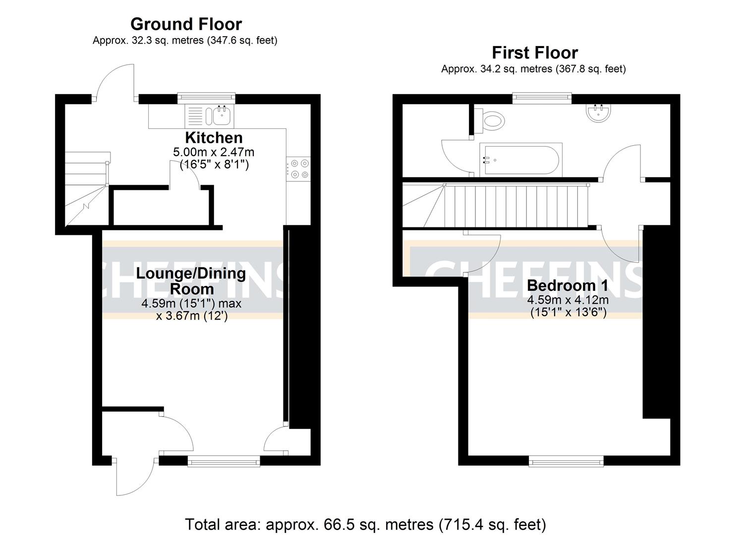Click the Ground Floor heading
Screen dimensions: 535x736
tap(186, 24)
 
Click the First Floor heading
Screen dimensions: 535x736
tap(534, 53)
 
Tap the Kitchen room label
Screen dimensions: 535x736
tap(214, 137)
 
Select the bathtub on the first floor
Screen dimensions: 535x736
tap(521, 160)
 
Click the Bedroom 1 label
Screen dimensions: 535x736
tap(567, 285)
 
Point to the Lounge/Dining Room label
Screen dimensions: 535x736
tap(191, 281)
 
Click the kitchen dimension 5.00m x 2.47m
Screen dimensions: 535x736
tap(214, 152)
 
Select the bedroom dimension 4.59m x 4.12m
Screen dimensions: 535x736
tap(567, 300)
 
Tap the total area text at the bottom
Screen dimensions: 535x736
tap(365, 524)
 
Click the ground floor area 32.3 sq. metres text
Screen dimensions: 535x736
tap(185, 41)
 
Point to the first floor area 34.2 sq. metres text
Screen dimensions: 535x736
tap(533, 69)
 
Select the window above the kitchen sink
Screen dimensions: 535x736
tap(207, 98)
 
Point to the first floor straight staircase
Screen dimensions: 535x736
tap(515, 205)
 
